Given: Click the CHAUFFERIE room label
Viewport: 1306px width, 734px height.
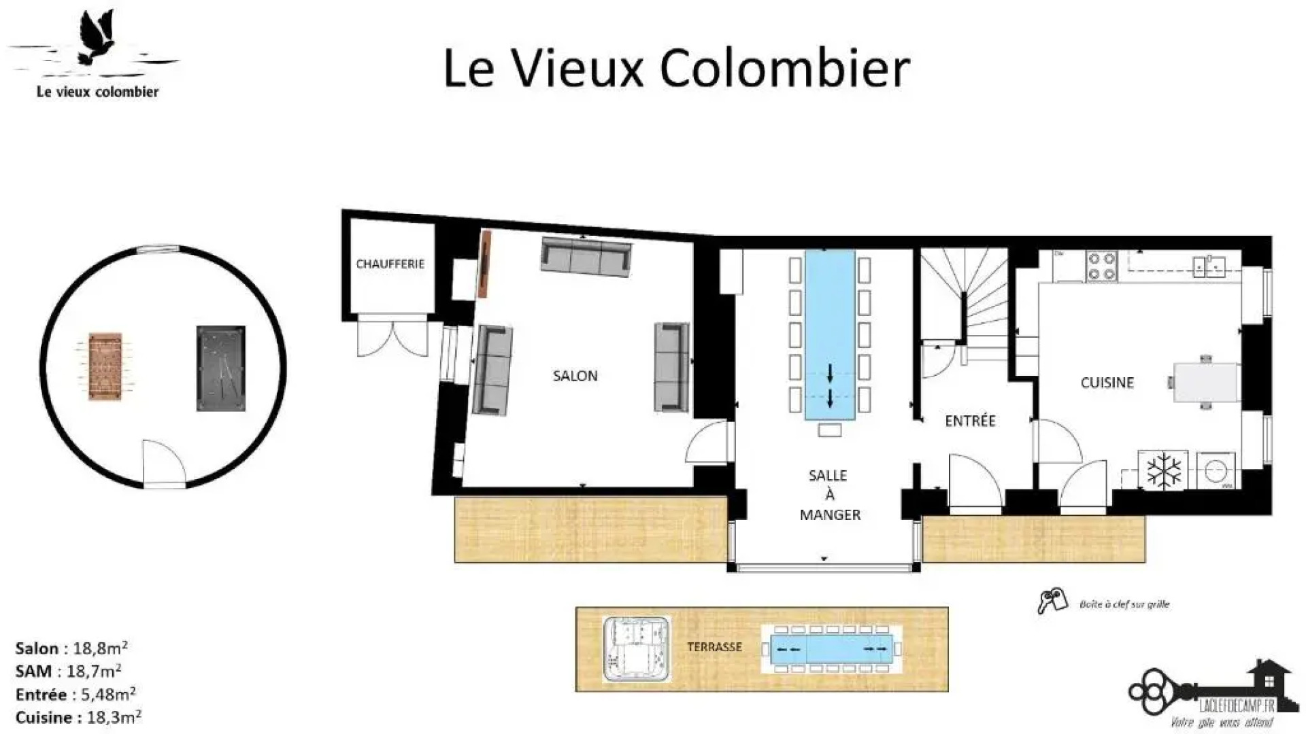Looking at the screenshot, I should click(390, 264).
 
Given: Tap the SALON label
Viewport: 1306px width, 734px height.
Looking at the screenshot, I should click(575, 376).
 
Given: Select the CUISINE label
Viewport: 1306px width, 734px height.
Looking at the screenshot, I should click(1107, 383).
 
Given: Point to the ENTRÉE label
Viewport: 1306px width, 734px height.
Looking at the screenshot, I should click(970, 421).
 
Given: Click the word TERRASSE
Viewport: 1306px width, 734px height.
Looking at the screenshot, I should click(714, 647).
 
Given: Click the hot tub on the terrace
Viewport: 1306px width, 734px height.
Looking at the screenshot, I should click(637, 649).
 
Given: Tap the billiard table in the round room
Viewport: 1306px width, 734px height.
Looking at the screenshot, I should click(221, 368).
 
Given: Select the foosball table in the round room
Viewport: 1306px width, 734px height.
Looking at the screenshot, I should click(105, 366).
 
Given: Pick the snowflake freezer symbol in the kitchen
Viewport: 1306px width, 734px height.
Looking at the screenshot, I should click(1164, 470).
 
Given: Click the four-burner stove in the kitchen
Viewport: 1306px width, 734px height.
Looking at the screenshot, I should click(1102, 266).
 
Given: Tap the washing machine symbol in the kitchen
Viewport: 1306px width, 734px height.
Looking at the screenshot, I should click(1215, 470).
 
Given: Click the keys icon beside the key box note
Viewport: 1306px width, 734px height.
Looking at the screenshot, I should click(1052, 601).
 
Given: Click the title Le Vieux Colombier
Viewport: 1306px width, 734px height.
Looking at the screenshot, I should click(676, 68).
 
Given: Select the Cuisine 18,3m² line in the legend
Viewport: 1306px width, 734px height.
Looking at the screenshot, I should click(78, 717).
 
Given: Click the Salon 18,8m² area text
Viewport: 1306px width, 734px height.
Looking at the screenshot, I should click(71, 648).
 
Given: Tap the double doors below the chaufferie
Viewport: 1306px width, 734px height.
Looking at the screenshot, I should click(392, 336).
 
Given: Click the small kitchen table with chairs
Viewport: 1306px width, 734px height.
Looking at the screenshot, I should click(1205, 383).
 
